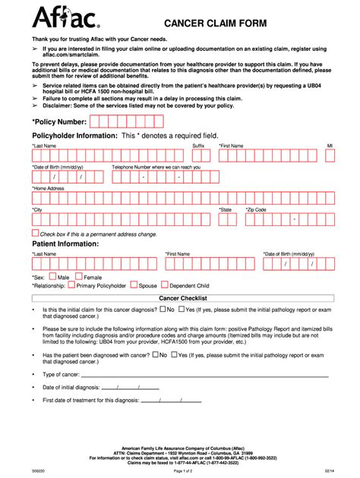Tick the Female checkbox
(x=78, y=277)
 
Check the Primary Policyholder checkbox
(x=71, y=286)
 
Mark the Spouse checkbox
(x=134, y=286)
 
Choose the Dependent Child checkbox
(x=164, y=286)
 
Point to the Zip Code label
(x=255, y=209)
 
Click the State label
(x=225, y=209)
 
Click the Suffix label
(x=198, y=145)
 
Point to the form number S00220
(x=38, y=471)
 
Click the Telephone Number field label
(x=156, y=166)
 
